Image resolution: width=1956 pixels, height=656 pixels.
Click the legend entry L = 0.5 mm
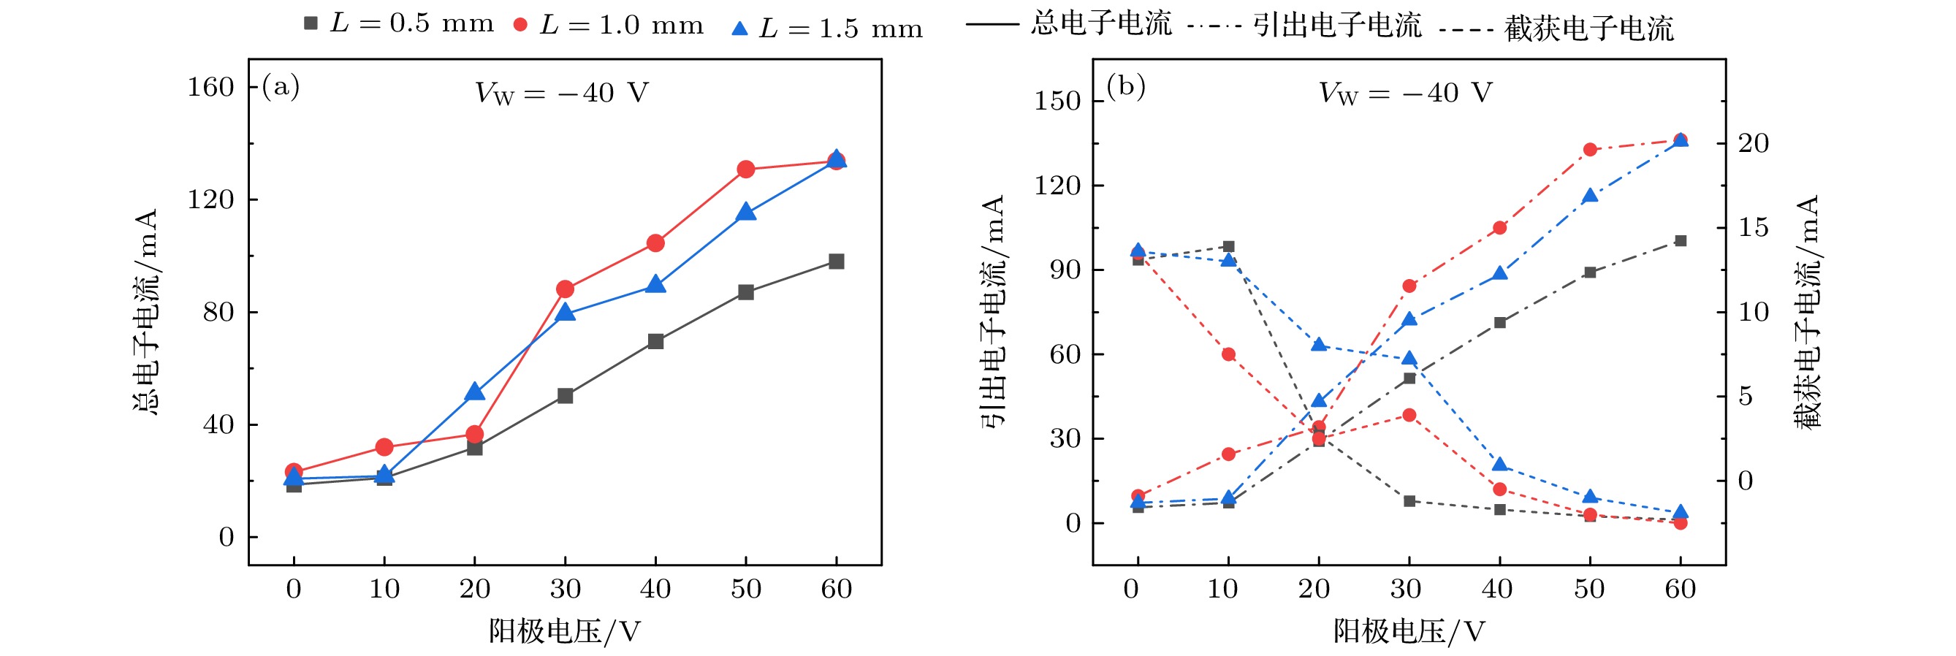click(399, 24)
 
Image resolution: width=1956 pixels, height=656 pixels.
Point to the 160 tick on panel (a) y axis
click(210, 88)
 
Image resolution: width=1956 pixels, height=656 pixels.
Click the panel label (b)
click(1125, 86)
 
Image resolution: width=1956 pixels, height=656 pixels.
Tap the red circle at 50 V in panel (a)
click(746, 169)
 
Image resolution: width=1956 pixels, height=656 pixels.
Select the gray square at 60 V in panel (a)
click(836, 262)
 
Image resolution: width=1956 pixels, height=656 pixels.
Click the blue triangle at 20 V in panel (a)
click(475, 392)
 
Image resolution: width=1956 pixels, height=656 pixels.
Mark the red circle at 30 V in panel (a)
click(565, 289)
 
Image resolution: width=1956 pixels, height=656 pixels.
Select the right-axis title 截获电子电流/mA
click(1807, 311)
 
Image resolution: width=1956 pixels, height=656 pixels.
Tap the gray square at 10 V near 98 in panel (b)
click(1228, 247)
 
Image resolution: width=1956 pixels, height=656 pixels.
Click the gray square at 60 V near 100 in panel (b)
click(1681, 240)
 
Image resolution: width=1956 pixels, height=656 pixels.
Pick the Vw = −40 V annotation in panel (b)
click(1405, 94)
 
